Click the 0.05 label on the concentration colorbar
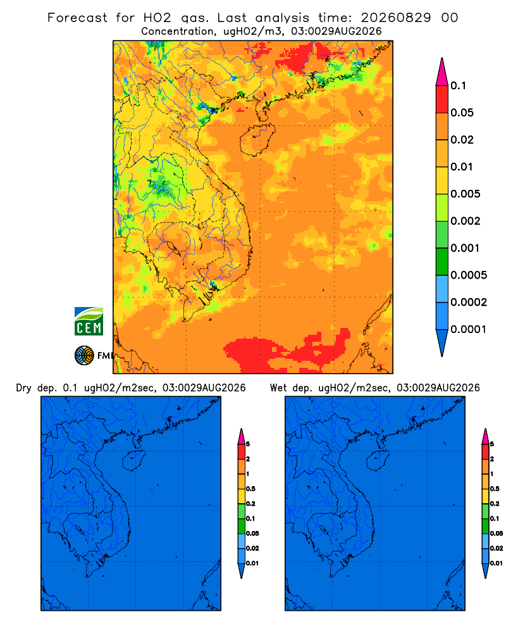pos(462,113)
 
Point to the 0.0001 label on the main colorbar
pos(469,329)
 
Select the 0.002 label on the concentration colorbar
pos(466,221)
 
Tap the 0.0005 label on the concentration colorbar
pos(469,275)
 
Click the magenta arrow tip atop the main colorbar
pos(442,72)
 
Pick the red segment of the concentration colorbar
pos(442,99)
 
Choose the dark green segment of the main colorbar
pos(442,261)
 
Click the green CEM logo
pos(89,322)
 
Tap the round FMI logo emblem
pos(84,356)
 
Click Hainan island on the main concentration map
pos(257,139)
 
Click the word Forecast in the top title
pos(77,18)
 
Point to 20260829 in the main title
pos(395,18)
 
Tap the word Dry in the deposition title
pos(24,388)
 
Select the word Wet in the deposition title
pos(278,388)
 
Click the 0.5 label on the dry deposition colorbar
pos(250,489)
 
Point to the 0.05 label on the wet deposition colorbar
pos(497,534)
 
